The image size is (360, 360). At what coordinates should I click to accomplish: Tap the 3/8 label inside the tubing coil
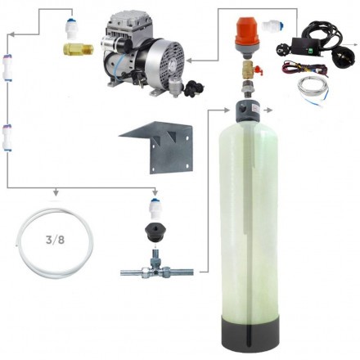pyautogui.click(x=55, y=240)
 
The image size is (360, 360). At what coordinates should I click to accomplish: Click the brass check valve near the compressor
pyautogui.click(x=79, y=49)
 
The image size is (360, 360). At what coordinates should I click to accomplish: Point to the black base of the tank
pyautogui.click(x=250, y=335)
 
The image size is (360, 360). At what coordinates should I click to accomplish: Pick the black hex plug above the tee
pyautogui.click(x=155, y=232)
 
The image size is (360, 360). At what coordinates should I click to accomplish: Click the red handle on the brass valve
pyautogui.click(x=259, y=71)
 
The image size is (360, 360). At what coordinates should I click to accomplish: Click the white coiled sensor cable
pyautogui.click(x=313, y=91)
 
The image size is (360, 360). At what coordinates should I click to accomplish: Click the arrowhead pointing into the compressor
pyautogui.click(x=189, y=61)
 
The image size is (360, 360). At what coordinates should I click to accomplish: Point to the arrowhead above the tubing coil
pyautogui.click(x=56, y=193)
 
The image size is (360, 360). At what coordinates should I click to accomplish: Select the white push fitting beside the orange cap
pyautogui.click(x=272, y=25)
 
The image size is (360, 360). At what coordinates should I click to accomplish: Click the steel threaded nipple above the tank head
pyautogui.click(x=248, y=89)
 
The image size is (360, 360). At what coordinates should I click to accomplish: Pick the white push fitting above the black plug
pyautogui.click(x=155, y=208)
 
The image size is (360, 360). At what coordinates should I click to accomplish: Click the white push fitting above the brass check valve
pyautogui.click(x=72, y=29)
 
